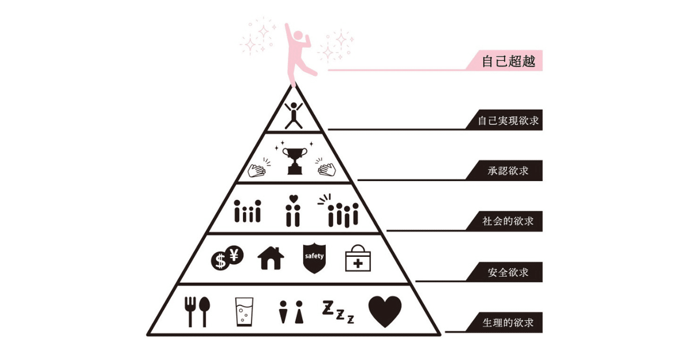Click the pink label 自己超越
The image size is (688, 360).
point(508,61)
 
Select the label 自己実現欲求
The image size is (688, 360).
point(509,122)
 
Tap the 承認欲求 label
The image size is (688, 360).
point(509,171)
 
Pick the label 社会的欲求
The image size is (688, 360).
point(509,220)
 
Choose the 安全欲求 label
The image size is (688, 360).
point(509,272)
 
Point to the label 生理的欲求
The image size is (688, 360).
point(509,322)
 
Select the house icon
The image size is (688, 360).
point(271,258)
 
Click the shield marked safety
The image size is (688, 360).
point(314,259)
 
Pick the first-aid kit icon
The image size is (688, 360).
point(358,260)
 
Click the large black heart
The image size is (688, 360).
point(384,311)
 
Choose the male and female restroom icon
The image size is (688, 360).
point(291,312)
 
